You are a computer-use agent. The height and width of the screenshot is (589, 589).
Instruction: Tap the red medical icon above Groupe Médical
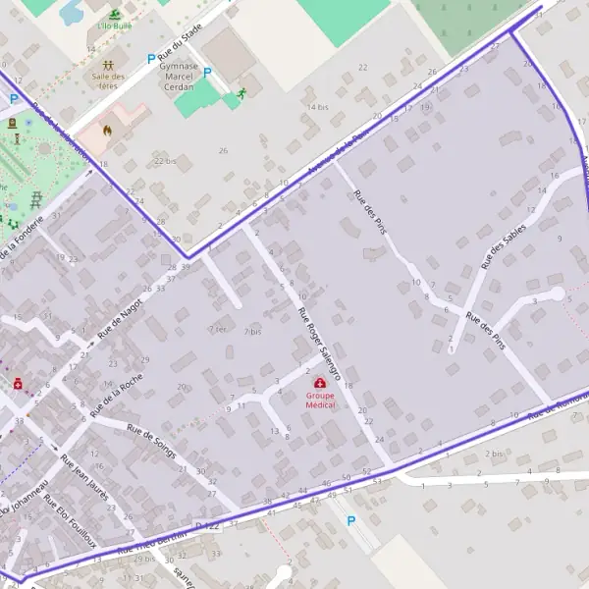pyautogui.click(x=320, y=384)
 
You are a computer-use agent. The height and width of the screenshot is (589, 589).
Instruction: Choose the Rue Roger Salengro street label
pyautogui.click(x=320, y=343)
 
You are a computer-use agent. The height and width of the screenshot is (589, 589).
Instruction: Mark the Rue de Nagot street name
pyautogui.click(x=119, y=322)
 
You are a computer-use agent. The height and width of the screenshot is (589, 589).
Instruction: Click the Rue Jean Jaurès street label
pyautogui.click(x=82, y=479)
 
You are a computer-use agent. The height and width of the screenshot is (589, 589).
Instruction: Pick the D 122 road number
pyautogui.click(x=205, y=527)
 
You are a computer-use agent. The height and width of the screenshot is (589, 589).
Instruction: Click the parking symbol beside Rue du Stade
pyautogui.click(x=150, y=59)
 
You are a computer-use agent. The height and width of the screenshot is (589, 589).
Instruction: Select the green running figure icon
pyautogui.click(x=241, y=93)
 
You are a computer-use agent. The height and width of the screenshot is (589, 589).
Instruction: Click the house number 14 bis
pyautogui.click(x=317, y=106)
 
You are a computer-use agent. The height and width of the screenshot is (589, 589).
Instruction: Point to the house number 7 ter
pyautogui.click(x=217, y=328)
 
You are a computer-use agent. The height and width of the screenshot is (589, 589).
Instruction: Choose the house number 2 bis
pyautogui.click(x=494, y=454)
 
